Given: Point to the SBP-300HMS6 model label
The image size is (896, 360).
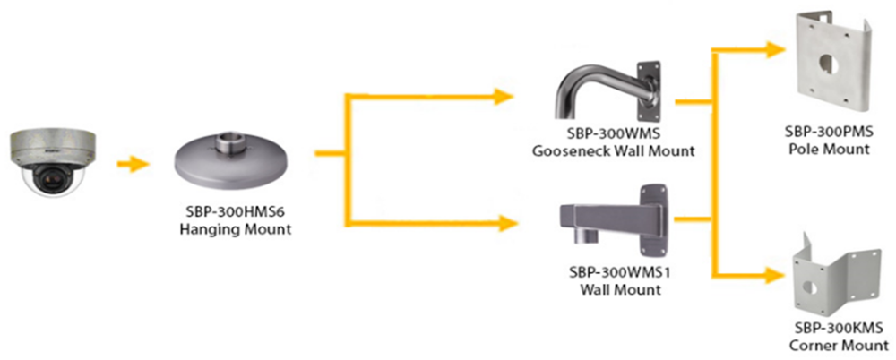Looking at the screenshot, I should point(237,215).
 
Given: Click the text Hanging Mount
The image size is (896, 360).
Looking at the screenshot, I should point(237,231).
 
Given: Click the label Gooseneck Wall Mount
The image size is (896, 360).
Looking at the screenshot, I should point(613,151).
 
